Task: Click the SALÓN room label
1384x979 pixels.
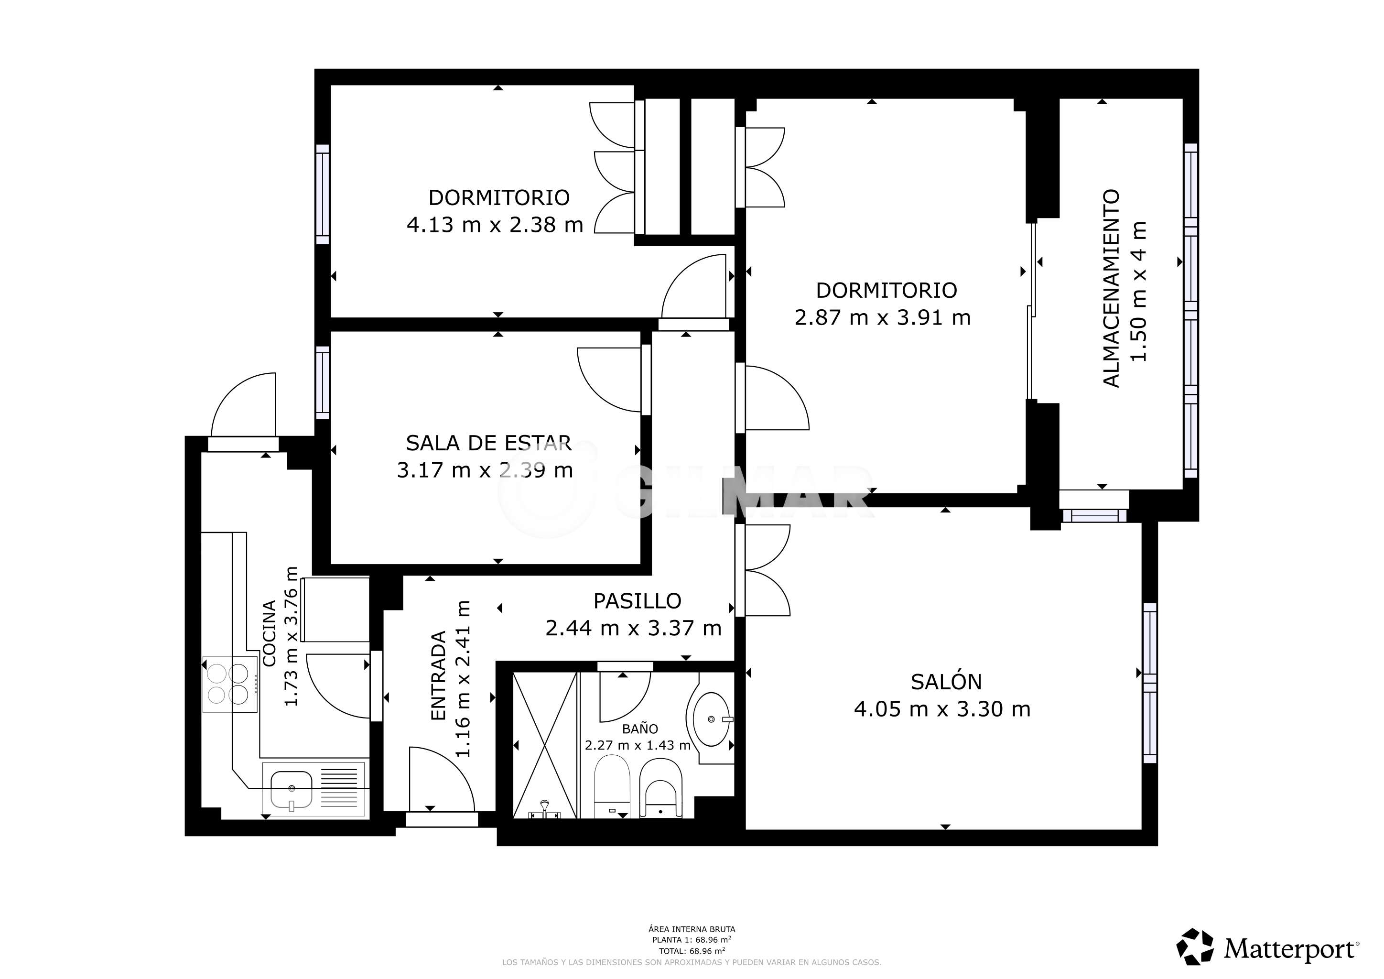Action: point(946,682)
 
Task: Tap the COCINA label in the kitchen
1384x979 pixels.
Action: point(270,633)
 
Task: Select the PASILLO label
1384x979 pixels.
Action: point(637,601)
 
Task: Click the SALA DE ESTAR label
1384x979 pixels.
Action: point(488,443)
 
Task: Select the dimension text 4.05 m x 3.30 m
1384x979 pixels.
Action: point(942,709)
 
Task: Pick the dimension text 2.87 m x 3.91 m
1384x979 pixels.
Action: point(883,318)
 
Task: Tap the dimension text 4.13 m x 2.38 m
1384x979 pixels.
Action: point(495,225)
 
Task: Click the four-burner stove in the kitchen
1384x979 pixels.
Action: point(230,684)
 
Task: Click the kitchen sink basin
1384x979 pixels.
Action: point(291,790)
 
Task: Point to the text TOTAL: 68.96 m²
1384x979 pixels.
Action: point(692,951)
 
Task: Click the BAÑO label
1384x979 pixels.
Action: point(639,729)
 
